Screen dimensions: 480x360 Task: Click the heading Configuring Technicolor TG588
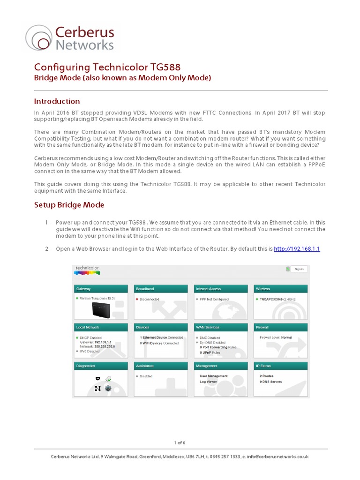[107, 67]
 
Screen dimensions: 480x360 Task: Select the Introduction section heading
[57, 101]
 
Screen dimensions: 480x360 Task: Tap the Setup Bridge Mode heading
[69, 205]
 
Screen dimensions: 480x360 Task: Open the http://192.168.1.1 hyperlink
[297, 248]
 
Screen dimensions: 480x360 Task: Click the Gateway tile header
[101, 289]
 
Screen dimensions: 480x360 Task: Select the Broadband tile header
[161, 289]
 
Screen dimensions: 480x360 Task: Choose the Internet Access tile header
[221, 289]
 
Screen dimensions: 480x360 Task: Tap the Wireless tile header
[280, 289]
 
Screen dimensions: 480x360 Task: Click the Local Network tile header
[101, 327]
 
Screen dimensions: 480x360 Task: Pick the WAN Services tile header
[221, 327]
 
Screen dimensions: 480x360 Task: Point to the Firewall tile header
[280, 327]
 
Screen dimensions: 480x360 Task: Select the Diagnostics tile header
[101, 366]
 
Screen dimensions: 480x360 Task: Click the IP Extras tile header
[280, 366]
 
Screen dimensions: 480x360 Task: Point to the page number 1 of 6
[180, 442]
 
